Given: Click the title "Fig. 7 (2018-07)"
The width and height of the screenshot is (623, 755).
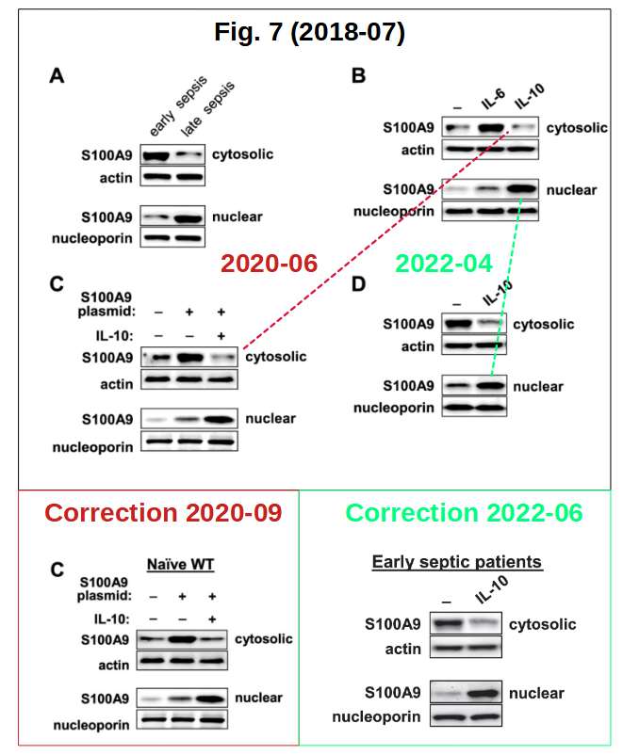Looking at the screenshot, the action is point(309,33).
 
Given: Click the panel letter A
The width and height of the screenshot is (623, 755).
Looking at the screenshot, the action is point(57,76).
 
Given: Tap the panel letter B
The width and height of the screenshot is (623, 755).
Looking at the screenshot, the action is point(358,76).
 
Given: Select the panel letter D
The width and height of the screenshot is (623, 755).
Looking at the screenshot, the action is point(358,284).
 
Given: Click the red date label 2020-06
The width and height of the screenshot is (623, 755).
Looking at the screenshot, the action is point(269,264).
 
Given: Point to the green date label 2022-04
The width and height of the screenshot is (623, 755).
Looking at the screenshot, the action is point(444,264).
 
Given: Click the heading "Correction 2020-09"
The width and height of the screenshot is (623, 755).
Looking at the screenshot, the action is point(163,512).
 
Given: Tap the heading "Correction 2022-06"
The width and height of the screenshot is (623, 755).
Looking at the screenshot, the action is point(464,512).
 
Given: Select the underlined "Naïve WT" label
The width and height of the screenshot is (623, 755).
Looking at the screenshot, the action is point(180,564).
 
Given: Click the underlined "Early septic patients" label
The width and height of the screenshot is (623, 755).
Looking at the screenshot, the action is point(457,562).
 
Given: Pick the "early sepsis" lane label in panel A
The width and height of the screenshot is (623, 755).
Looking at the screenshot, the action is point(178,105).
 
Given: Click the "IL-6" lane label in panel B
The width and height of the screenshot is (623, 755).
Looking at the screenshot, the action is point(493,99).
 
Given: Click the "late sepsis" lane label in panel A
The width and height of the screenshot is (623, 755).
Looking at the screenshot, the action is point(207,108).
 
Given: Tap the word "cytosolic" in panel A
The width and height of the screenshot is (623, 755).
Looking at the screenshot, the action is point(242,154).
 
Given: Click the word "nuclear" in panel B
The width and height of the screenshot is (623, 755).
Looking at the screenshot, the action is point(571,190).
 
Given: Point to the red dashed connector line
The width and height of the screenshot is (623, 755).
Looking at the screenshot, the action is point(376,238).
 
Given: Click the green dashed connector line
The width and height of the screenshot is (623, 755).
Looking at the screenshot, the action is point(506,286).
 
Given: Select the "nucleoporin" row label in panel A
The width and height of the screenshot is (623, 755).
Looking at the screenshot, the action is point(92,238).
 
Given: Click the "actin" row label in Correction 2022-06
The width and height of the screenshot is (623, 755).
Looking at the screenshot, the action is point(403,649).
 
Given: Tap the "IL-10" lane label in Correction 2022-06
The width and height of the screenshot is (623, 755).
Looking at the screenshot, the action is point(491,590).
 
